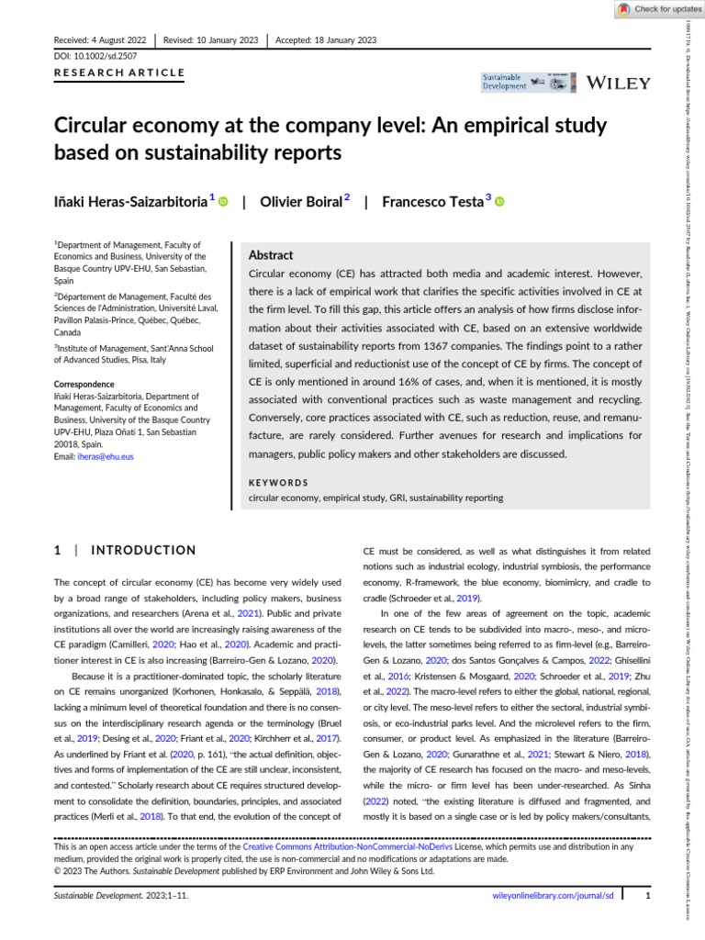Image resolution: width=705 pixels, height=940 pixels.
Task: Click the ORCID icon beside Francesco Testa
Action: point(500,202)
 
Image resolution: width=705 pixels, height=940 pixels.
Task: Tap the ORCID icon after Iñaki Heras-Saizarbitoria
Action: point(224,202)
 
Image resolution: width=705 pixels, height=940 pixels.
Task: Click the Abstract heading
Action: point(271,255)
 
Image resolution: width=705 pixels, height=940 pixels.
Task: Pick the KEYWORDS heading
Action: point(279,482)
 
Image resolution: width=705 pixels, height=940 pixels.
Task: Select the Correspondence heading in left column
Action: point(89,384)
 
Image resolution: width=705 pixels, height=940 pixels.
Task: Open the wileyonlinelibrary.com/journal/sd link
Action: point(552,893)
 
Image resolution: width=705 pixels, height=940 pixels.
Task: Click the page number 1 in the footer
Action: point(647,893)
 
